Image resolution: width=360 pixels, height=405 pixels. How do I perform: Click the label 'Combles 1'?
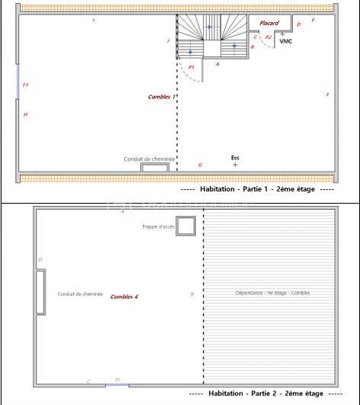[162, 97]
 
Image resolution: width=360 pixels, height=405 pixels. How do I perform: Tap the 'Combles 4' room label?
[124, 296]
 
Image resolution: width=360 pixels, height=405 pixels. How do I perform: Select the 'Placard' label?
[269, 23]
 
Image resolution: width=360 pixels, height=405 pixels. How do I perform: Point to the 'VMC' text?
[286, 41]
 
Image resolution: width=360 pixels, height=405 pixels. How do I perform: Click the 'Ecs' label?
[235, 158]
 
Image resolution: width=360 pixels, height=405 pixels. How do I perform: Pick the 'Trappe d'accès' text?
[158, 227]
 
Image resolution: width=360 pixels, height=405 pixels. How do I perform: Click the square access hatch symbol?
[186, 226]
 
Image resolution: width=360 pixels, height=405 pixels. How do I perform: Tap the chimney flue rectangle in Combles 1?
[155, 167]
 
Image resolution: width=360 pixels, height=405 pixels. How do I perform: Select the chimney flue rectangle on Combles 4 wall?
[40, 291]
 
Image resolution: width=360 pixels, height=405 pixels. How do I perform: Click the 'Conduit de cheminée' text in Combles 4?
[80, 294]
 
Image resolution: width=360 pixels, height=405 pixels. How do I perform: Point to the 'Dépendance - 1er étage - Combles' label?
[272, 293]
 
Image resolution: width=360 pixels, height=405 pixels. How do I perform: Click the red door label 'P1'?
[191, 67]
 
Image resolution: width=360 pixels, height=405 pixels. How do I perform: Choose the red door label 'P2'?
[268, 37]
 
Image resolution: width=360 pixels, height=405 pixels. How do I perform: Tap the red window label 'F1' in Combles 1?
[25, 85]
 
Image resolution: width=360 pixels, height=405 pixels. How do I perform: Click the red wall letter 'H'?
[25, 114]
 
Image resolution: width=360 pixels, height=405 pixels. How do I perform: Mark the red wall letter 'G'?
[200, 165]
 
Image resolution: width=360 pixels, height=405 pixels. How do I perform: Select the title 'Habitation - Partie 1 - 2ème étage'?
[257, 188]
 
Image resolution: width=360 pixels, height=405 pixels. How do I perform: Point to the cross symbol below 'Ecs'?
[235, 165]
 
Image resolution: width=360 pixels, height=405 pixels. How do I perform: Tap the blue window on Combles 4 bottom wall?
[117, 384]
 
